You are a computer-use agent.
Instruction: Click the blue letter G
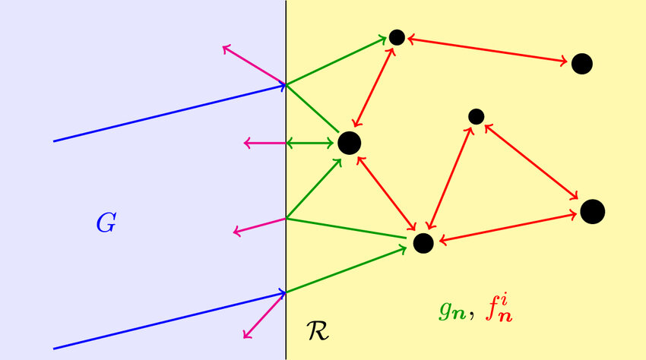pyautogui.click(x=106, y=223)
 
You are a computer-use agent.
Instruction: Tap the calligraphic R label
pyautogui.click(x=318, y=330)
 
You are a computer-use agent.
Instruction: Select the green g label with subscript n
pyautogui.click(x=452, y=311)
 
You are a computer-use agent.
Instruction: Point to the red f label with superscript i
pyautogui.click(x=499, y=309)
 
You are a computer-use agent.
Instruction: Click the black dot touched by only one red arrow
pyautogui.click(x=581, y=64)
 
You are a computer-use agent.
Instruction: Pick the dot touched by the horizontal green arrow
pyautogui.click(x=350, y=143)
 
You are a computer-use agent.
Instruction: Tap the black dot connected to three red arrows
pyautogui.click(x=423, y=243)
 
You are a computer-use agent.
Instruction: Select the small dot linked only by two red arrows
pyautogui.click(x=477, y=116)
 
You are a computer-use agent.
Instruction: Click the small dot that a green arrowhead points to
pyautogui.click(x=397, y=37)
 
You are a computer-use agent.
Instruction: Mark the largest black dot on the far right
pyautogui.click(x=593, y=212)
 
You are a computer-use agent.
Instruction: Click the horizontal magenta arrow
pyautogui.click(x=265, y=144)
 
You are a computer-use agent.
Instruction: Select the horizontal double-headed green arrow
pyautogui.click(x=310, y=144)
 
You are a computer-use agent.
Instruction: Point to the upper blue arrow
pyautogui.click(x=169, y=113)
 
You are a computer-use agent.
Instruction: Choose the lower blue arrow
pyautogui.click(x=169, y=321)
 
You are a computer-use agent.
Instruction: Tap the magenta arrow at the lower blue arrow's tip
pyautogui.click(x=264, y=315)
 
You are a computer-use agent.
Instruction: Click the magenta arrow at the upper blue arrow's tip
pyautogui.click(x=254, y=65)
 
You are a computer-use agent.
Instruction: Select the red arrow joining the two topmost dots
pyautogui.click(x=487, y=50)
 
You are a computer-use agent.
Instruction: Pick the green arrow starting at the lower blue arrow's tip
pyautogui.click(x=347, y=270)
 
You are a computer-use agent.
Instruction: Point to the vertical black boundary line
pyautogui.click(x=286, y=180)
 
